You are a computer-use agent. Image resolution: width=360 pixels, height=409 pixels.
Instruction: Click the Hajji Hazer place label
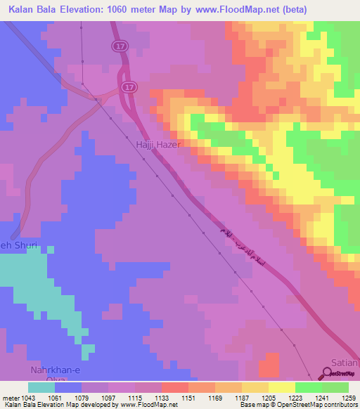(x=158, y=144)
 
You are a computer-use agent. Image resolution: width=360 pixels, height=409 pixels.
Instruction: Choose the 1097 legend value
(x=109, y=397)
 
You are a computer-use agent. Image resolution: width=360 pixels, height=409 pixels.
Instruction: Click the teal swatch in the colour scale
(x=41, y=387)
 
